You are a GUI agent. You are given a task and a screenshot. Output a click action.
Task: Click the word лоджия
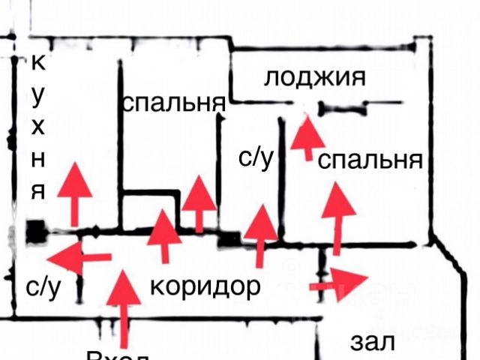314,77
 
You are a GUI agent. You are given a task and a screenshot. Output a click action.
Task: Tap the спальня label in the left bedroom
173,102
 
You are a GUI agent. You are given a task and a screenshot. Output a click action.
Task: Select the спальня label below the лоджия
371,160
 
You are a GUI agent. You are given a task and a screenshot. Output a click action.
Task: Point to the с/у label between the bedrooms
255,157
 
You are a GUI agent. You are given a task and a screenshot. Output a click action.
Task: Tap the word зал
373,342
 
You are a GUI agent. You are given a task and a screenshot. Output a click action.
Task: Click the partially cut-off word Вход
120,354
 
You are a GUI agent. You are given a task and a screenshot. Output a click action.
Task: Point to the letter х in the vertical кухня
39,126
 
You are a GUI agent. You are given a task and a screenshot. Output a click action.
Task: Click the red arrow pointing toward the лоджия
307,135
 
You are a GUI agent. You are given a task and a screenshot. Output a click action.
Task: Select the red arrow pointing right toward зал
338,283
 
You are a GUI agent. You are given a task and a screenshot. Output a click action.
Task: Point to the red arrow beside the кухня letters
74,192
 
